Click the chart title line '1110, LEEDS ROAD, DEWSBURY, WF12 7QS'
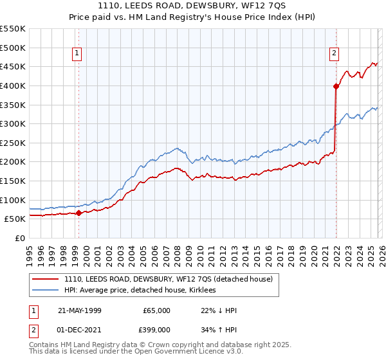(192, 6)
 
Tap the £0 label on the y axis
(19, 238)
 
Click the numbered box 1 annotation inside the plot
(77, 54)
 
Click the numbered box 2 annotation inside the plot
(335, 54)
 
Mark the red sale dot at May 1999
(78, 213)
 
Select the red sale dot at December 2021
(336, 85)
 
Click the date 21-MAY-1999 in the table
(80, 310)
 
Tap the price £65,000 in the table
(157, 310)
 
